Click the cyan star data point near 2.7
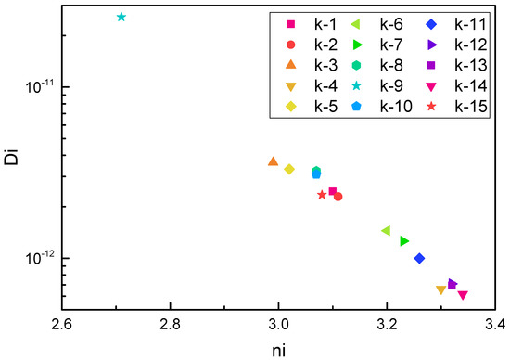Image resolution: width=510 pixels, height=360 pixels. click(121, 17)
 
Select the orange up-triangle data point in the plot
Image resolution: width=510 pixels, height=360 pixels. click(273, 161)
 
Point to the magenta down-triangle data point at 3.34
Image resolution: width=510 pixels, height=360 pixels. click(463, 295)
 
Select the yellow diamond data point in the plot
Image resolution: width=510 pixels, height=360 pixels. click(289, 169)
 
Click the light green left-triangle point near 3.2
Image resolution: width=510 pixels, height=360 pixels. click(387, 230)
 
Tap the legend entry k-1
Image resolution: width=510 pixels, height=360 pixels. click(307, 24)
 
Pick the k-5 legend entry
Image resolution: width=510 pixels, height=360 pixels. click(307, 106)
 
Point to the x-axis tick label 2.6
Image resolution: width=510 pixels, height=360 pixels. click(62, 326)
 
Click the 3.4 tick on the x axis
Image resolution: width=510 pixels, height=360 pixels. click(494, 326)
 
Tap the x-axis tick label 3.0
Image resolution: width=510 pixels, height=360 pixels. click(278, 326)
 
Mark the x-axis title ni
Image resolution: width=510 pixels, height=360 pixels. click(278, 349)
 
